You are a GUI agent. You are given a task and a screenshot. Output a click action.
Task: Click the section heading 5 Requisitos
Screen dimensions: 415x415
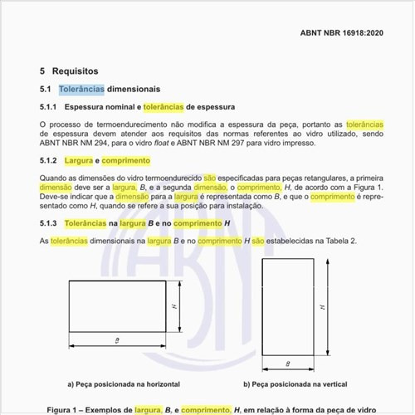point(69,71)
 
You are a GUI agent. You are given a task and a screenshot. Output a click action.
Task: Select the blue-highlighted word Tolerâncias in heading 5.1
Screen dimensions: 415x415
point(81,89)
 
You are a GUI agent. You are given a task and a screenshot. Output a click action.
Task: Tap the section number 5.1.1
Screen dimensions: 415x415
point(48,107)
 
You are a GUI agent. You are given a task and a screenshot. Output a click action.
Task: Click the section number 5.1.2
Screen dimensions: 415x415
point(48,160)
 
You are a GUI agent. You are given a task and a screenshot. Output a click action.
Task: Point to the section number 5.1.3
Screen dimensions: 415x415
point(48,224)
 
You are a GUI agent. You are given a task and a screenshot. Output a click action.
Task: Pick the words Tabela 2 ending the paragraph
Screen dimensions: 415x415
point(340,240)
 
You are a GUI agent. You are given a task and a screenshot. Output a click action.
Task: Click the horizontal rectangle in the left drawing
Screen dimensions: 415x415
point(115,307)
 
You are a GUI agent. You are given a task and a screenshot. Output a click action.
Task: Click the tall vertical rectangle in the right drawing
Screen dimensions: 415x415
point(287,307)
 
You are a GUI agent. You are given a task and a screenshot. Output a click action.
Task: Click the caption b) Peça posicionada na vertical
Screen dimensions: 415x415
point(295,384)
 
